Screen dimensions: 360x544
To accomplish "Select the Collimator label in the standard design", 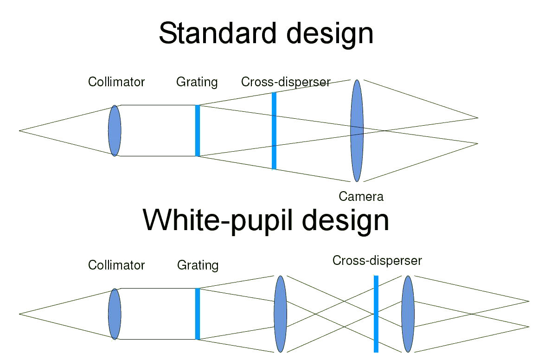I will [116, 82].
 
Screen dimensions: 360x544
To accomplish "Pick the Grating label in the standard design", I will [197, 82].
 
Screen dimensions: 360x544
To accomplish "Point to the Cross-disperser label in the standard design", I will [285, 82].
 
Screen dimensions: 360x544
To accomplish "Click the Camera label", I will [361, 196].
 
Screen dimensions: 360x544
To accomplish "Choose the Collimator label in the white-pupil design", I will [116, 265].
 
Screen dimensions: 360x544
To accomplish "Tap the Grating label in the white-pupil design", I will [198, 265].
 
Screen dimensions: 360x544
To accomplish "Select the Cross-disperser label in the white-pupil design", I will [377, 261].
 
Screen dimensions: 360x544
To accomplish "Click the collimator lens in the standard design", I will [115, 130].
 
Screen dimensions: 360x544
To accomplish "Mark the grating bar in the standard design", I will [198, 130].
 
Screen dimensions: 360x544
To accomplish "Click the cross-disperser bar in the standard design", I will [274, 130].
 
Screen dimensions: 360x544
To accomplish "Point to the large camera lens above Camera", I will [357, 130].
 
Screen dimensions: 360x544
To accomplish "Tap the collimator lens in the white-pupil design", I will [115, 314].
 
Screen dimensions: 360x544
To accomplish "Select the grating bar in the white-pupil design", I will [198, 314].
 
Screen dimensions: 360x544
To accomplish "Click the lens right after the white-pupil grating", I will [280, 314].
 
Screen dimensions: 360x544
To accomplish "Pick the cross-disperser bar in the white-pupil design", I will [376, 314].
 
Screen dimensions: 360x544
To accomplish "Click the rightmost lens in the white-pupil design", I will [408, 314].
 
